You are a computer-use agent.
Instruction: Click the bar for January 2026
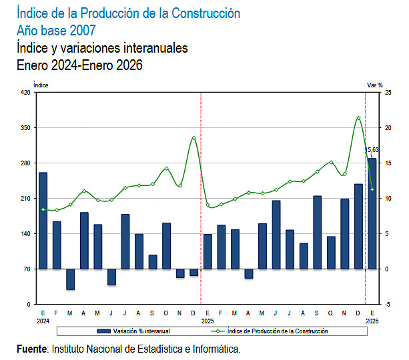click(x=372, y=213)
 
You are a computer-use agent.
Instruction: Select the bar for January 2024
click(x=43, y=221)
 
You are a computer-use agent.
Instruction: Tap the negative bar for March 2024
click(x=71, y=279)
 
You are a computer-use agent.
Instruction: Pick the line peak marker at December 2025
click(x=358, y=118)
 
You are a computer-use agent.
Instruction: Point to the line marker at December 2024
click(x=193, y=138)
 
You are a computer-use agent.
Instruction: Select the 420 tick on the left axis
click(x=25, y=93)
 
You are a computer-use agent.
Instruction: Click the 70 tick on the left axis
click(x=26, y=269)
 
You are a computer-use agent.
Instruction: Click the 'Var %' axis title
click(x=375, y=85)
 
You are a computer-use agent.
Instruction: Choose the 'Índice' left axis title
click(x=41, y=85)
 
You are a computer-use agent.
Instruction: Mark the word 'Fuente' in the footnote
click(x=32, y=349)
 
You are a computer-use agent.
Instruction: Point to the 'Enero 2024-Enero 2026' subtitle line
click(x=79, y=65)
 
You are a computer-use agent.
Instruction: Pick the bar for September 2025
click(x=317, y=233)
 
